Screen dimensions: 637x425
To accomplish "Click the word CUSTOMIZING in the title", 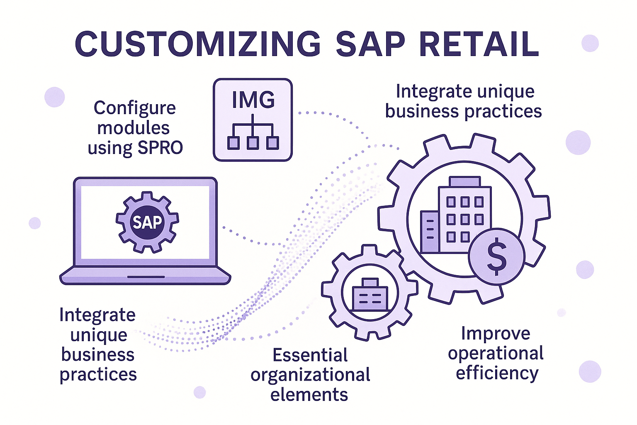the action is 198,44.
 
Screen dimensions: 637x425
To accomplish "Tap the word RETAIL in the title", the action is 479,44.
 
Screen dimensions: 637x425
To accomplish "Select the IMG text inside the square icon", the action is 253,100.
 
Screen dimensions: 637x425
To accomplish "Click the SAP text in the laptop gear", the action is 147,222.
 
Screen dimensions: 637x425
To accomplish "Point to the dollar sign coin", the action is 496,256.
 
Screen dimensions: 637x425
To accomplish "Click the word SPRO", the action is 160,148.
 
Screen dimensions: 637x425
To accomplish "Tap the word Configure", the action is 135,109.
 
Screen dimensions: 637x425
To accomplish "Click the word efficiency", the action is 497,374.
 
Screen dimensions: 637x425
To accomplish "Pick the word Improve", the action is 496,334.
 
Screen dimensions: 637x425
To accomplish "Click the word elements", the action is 309,395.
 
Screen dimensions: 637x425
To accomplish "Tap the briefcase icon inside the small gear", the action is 370,294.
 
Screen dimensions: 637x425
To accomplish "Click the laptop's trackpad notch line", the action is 146,277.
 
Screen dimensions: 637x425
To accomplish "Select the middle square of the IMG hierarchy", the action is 253,143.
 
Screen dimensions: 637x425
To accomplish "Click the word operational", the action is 496,354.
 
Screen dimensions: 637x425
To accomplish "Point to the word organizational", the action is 310,375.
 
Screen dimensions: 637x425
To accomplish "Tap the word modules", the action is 134,128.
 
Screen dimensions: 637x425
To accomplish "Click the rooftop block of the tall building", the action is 465,181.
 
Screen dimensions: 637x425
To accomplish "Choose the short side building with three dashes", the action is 430,232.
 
